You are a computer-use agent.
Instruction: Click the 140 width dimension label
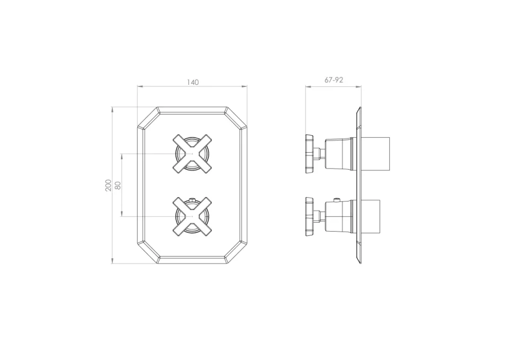coord(192,82)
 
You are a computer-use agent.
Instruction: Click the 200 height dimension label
coord(109,185)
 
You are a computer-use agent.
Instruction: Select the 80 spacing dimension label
coord(118,185)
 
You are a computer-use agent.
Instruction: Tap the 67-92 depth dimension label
coord(334,80)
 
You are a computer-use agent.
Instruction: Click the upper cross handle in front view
coord(192,154)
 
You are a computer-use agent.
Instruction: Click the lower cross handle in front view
coord(192,216)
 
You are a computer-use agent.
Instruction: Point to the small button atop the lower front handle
coord(192,200)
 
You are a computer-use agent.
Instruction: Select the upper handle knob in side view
coord(309,154)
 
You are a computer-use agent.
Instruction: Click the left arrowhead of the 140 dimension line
coord(139,86)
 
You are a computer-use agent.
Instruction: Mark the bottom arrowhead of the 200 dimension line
coord(112,261)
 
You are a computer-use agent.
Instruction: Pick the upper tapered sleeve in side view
coord(337,154)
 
